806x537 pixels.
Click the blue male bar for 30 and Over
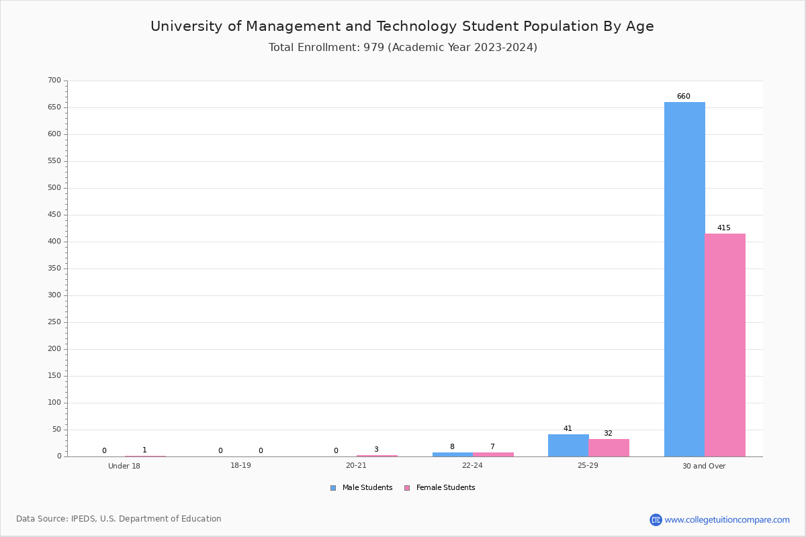(684, 279)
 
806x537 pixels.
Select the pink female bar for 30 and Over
(725, 345)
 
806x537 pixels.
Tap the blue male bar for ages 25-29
(568, 445)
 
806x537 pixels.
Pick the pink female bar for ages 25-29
(609, 448)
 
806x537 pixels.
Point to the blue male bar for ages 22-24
(453, 454)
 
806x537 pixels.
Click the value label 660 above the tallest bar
(684, 96)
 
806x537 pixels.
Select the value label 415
(724, 228)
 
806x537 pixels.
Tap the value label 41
(568, 428)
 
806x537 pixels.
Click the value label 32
(608, 433)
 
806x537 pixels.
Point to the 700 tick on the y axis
(54, 80)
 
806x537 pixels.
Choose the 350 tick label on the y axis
(54, 268)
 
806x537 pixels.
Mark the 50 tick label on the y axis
(57, 430)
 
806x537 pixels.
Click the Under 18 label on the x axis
(124, 466)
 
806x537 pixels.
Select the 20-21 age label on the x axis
(356, 465)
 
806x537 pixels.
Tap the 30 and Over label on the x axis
(704, 466)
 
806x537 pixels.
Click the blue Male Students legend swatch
(333, 488)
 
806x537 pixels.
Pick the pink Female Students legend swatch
(407, 488)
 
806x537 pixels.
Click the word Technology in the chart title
(416, 26)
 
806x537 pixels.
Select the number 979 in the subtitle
(373, 47)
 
